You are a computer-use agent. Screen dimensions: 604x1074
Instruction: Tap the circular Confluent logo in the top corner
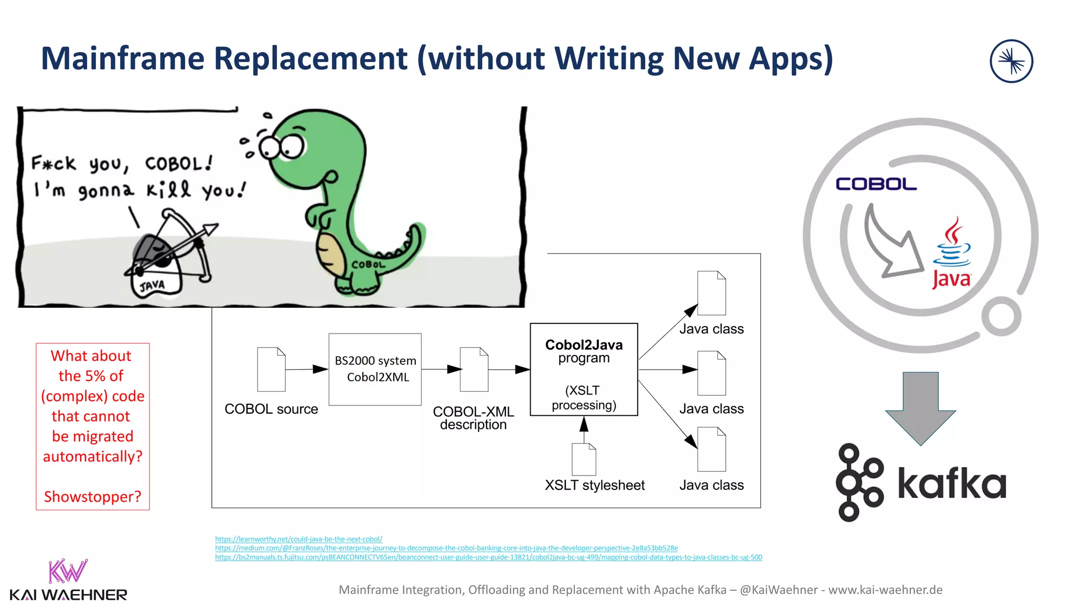point(1011,61)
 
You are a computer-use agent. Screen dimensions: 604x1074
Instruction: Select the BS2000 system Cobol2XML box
point(375,369)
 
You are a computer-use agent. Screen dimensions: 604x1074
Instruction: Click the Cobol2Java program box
point(584,369)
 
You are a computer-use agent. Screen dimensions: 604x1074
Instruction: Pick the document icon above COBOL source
point(271,369)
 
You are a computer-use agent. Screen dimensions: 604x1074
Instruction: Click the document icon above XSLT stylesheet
point(584,459)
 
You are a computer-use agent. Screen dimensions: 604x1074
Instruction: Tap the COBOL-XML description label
point(473,418)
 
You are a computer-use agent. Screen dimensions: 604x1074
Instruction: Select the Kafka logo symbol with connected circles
point(858,482)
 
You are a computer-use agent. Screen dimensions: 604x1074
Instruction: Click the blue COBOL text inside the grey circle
point(876,184)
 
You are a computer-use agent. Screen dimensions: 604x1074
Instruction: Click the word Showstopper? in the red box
point(93,497)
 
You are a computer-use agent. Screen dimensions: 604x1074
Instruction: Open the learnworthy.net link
point(298,539)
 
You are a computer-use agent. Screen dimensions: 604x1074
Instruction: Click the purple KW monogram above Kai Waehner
point(68,571)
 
